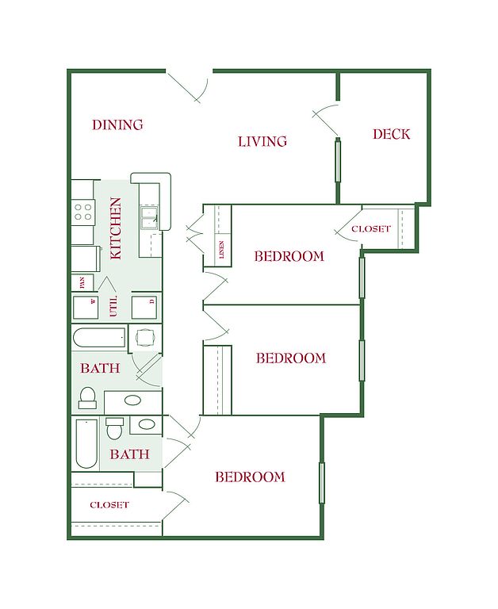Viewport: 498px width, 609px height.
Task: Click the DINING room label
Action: pos(117,124)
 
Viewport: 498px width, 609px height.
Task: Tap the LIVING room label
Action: pos(262,141)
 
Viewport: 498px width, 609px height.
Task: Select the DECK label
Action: pos(391,134)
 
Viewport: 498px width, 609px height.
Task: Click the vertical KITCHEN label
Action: pos(116,228)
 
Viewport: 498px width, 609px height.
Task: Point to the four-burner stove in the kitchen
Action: pos(83,213)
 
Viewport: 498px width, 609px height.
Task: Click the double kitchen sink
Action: pos(149,219)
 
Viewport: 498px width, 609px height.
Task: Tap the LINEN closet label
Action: pos(222,249)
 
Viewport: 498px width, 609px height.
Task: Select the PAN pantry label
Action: pos(82,282)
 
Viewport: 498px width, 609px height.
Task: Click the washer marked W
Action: pos(86,308)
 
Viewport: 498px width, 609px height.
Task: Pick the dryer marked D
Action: pos(144,308)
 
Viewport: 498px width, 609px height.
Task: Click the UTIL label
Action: pos(113,307)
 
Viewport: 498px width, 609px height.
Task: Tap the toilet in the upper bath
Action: pos(87,398)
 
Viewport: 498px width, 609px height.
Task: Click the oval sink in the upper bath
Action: pos(133,400)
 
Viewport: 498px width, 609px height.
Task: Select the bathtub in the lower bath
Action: pos(86,443)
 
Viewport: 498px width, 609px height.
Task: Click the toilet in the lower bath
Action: pos(115,428)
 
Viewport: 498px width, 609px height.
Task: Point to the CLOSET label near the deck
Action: pos(371,228)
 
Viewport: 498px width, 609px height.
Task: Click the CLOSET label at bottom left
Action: pos(109,505)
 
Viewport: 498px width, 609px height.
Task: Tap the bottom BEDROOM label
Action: pos(250,477)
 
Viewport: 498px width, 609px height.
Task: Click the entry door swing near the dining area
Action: pos(189,87)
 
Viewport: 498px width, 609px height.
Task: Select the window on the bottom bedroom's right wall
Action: pos(322,483)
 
